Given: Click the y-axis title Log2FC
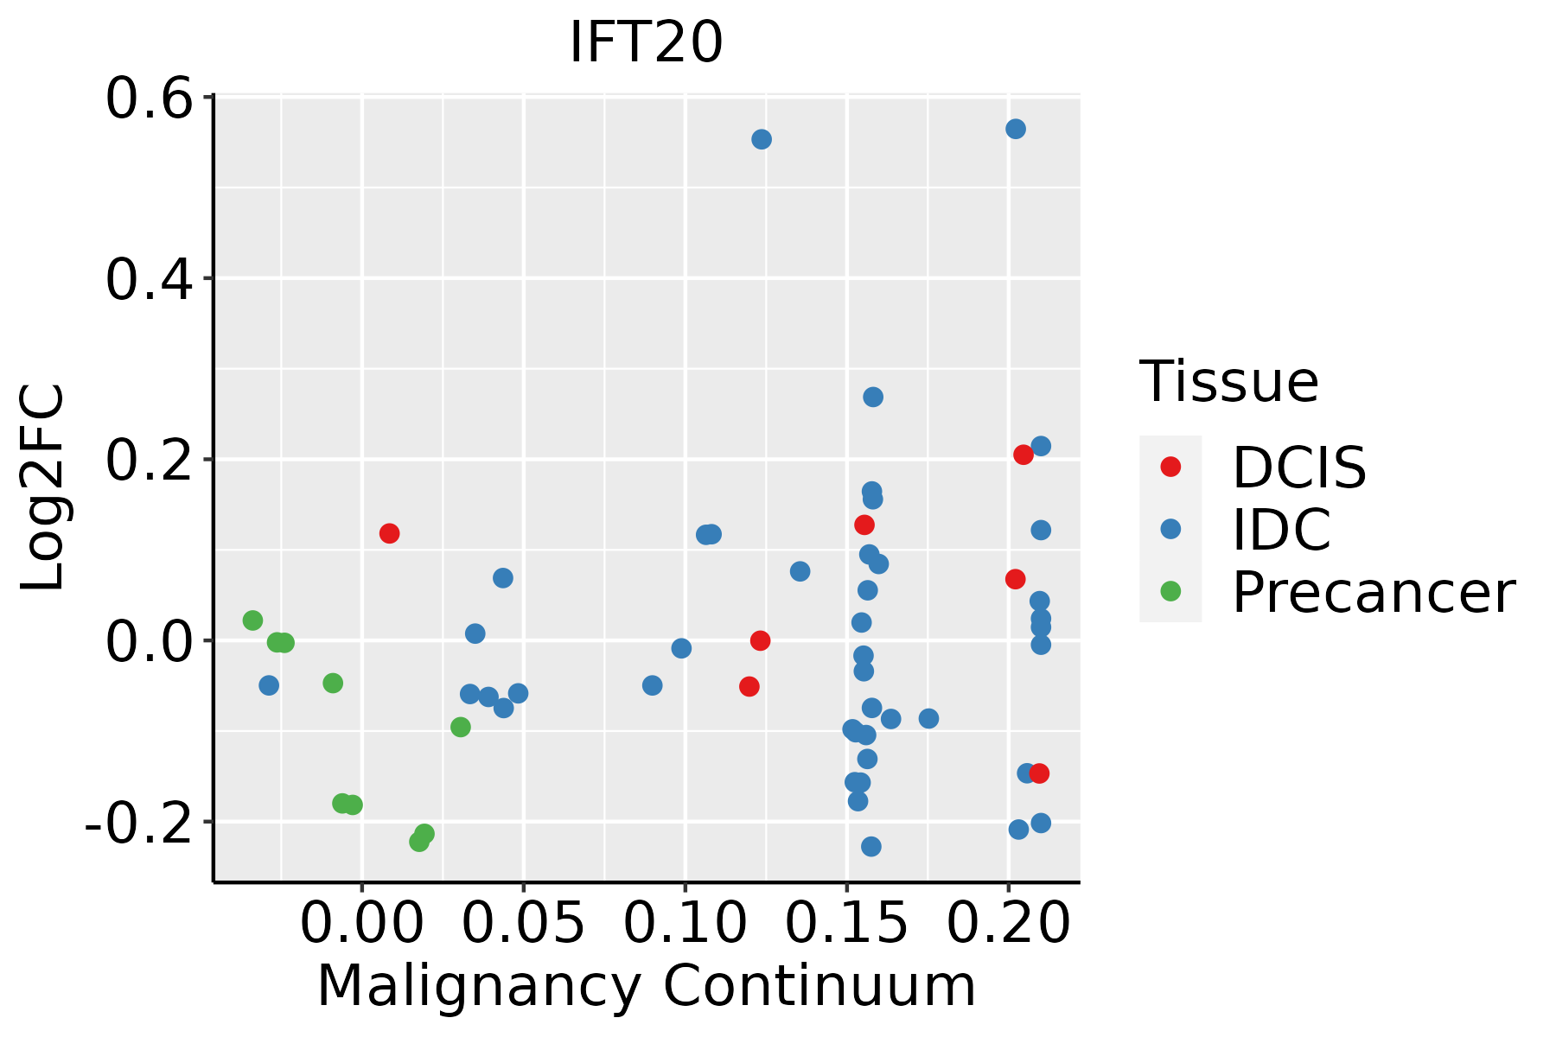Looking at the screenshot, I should point(43,488).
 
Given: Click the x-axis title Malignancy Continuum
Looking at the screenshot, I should point(646,986).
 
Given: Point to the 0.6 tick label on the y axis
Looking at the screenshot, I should point(148,99).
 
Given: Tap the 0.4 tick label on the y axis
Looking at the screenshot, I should point(148,280).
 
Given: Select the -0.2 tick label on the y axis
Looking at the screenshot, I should point(138,824).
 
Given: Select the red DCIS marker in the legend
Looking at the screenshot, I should point(1170,467).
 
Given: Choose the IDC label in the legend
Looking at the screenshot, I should point(1281,529).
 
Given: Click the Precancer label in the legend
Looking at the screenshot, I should point(1373,593).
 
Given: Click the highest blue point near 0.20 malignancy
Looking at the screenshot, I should point(1016,129).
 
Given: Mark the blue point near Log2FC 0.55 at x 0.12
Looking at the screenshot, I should point(762,139).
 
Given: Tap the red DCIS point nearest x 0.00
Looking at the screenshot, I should point(389,533).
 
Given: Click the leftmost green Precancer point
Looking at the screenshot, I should point(252,620).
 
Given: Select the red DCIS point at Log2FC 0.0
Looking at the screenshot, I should point(760,640).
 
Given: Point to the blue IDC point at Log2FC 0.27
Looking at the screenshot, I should point(873,397).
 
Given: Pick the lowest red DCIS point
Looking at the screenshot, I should point(1039,773).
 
